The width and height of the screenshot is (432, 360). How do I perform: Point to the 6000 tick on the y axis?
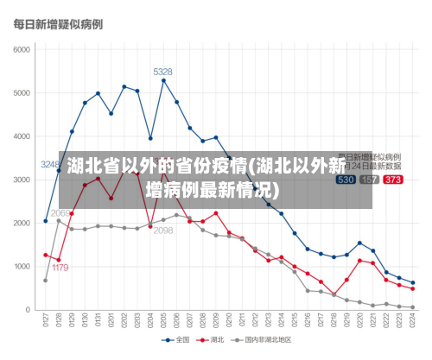tap(21, 49)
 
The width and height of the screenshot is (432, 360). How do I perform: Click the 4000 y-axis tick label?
tap(21, 136)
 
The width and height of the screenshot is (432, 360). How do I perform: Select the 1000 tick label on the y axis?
tap(21, 267)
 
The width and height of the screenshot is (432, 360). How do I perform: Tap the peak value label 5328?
tap(162, 71)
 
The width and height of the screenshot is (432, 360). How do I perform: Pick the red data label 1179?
tap(60, 268)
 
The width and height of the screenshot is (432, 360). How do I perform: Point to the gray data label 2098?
tap(162, 231)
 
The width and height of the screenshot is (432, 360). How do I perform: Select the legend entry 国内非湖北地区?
tap(267, 339)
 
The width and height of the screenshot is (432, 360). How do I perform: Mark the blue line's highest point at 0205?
tap(163, 80)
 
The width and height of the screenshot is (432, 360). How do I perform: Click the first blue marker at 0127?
tap(46, 221)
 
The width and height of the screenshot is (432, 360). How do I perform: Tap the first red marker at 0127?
tap(46, 255)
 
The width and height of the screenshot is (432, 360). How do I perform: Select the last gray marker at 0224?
tap(413, 307)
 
